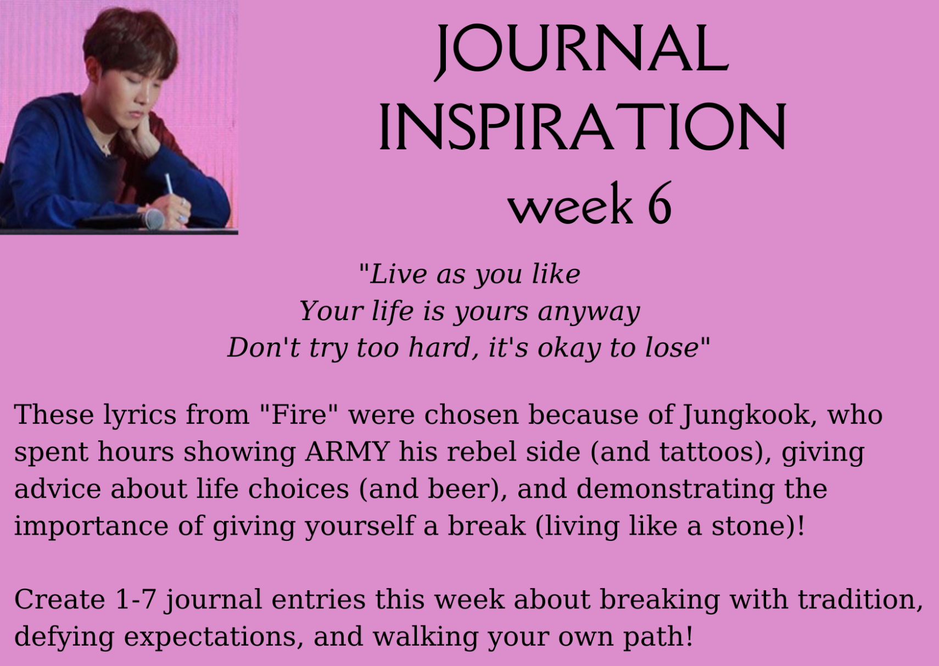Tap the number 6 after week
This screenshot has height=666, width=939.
660,203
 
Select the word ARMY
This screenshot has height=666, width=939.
346,452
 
